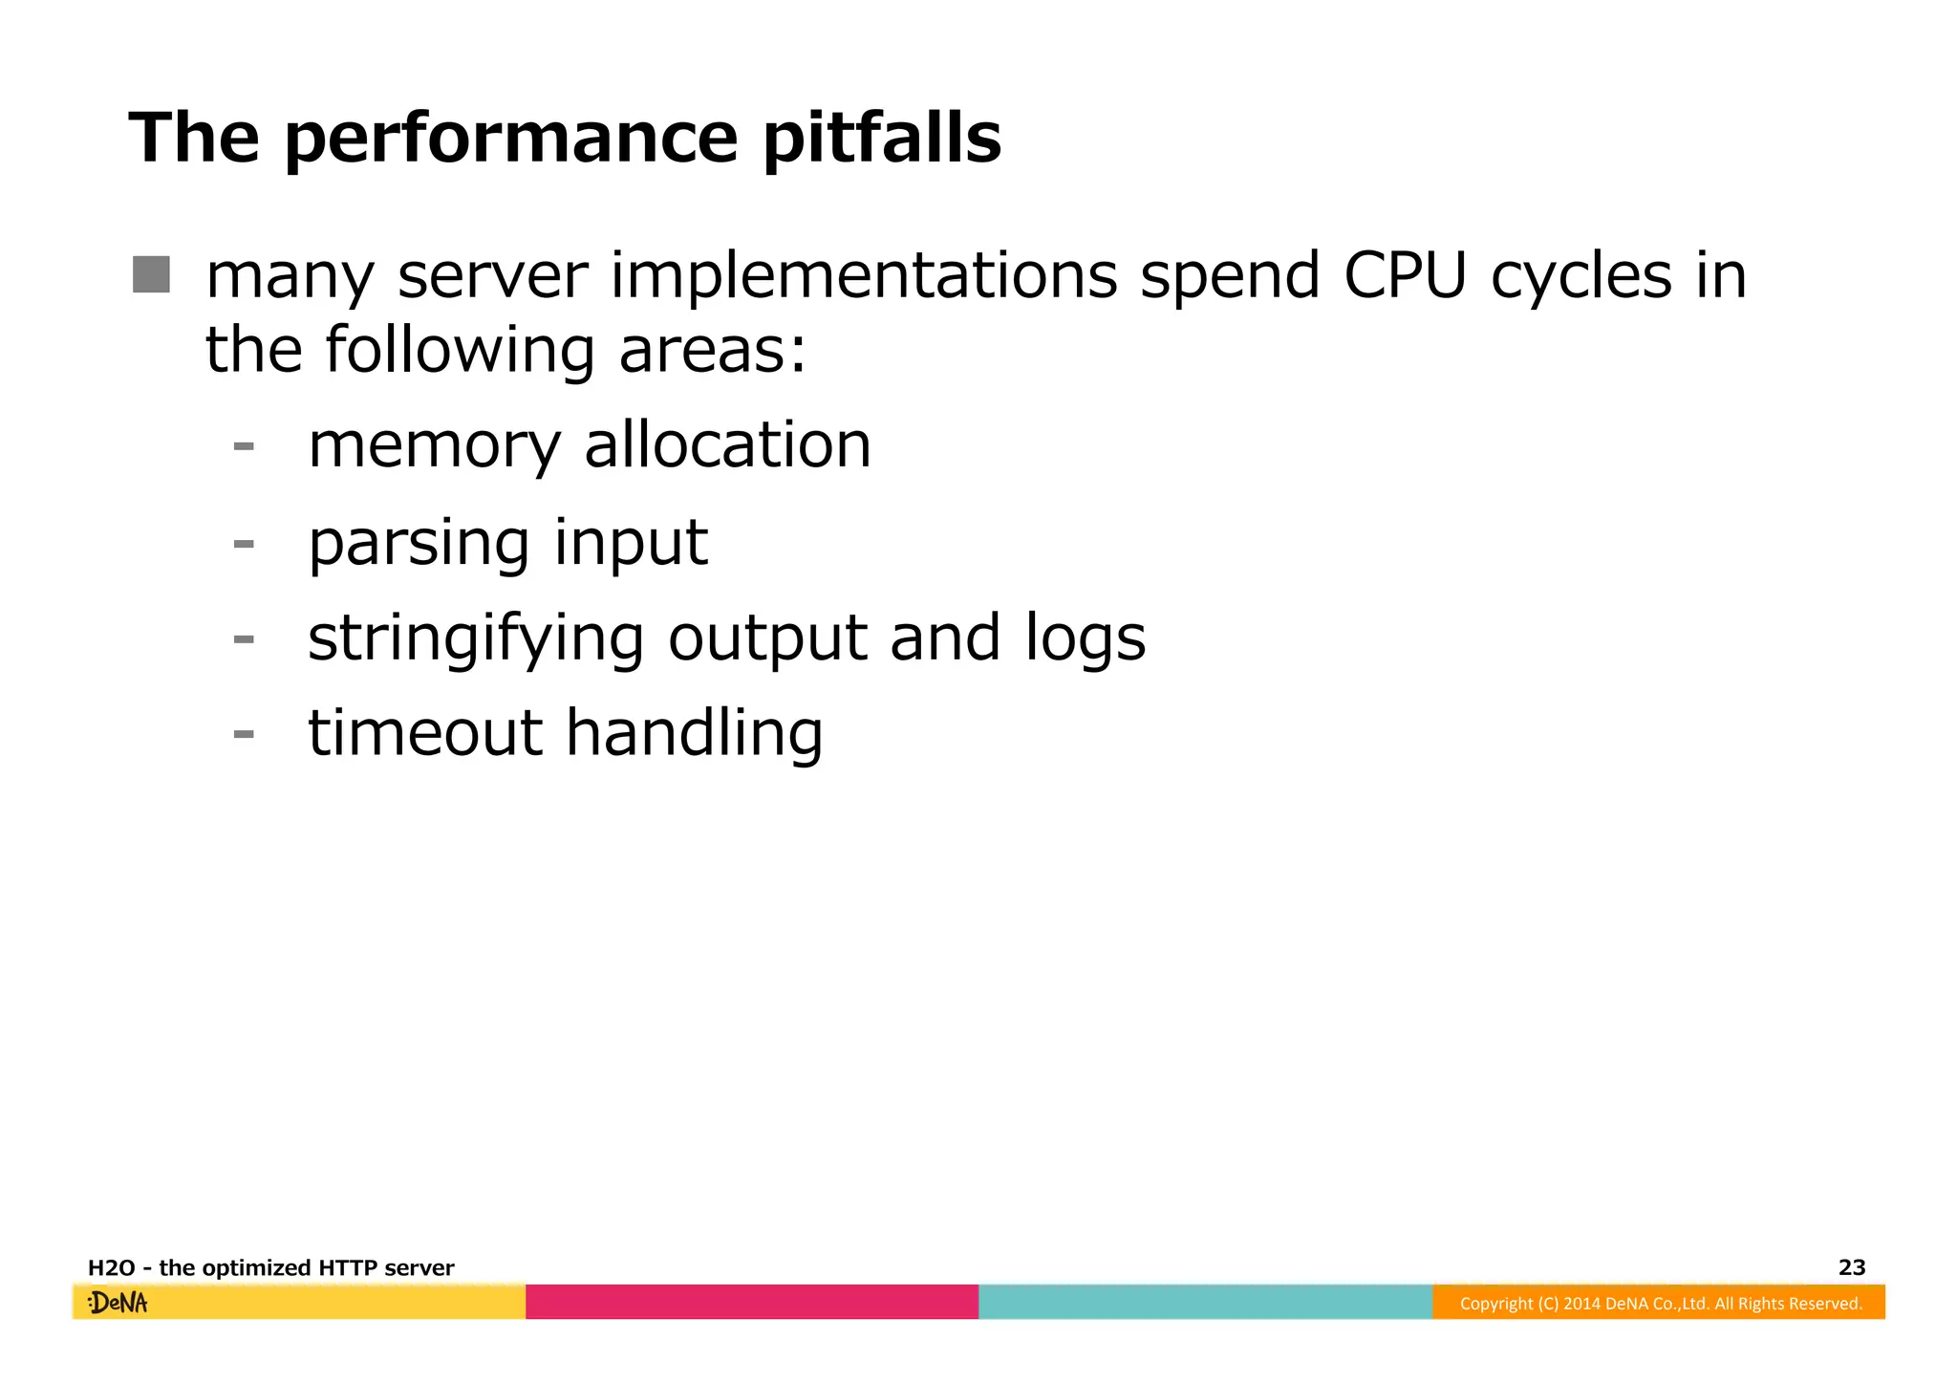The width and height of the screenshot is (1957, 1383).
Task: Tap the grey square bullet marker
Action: click(x=151, y=274)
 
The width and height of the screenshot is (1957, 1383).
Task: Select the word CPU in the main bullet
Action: click(x=1404, y=276)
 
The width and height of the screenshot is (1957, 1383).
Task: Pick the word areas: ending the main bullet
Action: click(x=712, y=350)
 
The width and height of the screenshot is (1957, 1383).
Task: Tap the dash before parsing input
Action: click(x=244, y=544)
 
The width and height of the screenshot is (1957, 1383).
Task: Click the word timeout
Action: click(x=425, y=733)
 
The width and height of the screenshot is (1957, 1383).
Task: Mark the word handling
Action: click(x=694, y=735)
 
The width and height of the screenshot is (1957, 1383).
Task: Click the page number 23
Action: click(x=1851, y=1267)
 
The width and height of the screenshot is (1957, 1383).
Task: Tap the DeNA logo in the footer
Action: click(x=118, y=1303)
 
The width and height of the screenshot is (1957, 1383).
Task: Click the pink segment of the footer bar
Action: click(x=752, y=1302)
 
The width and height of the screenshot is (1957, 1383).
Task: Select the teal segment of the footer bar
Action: click(x=1205, y=1302)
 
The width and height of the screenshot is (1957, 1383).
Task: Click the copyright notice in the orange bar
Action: click(x=1661, y=1304)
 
